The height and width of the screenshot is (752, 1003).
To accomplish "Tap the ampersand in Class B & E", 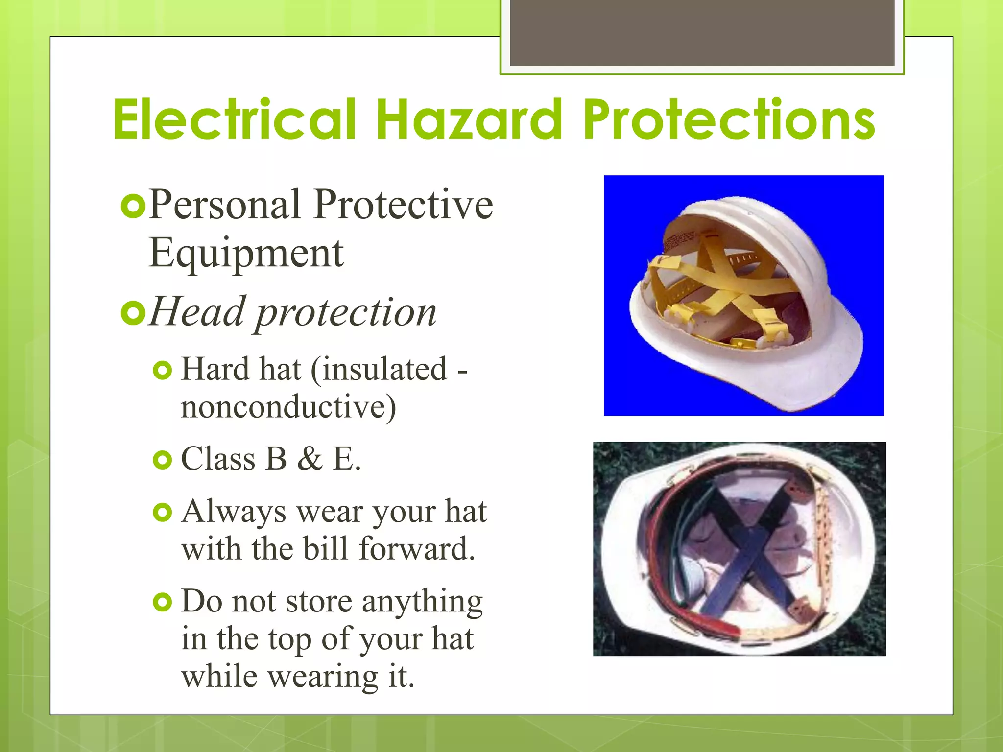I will [310, 459].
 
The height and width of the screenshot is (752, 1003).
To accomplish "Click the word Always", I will [234, 513].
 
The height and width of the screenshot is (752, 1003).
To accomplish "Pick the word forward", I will [417, 549].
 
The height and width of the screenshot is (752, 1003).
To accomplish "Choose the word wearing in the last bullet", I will [323, 677].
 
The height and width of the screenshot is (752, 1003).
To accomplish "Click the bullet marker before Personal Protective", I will [133, 207].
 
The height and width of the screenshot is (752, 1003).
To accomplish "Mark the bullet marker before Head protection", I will [133, 313].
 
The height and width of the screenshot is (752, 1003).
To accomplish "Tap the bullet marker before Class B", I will [163, 460].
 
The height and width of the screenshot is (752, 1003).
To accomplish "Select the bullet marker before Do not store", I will [163, 602].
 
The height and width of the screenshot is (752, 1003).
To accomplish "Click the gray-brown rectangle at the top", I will [702, 32].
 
